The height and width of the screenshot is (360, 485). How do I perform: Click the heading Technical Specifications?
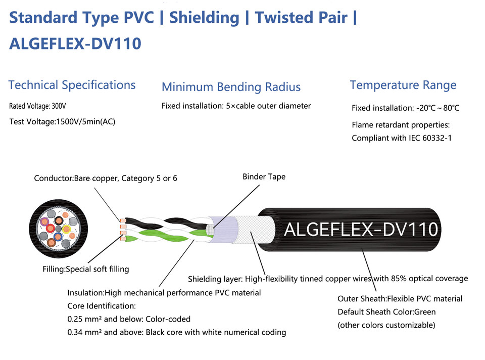click(x=72, y=85)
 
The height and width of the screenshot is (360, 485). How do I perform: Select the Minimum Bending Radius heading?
click(x=231, y=87)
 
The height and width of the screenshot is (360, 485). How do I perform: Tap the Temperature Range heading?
click(x=403, y=85)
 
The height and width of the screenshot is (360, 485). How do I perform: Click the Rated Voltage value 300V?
click(x=58, y=107)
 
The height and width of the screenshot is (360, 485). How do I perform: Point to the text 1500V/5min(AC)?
click(x=86, y=121)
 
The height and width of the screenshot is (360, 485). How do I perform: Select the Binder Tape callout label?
click(x=264, y=177)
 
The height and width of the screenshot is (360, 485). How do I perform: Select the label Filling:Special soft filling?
click(x=85, y=269)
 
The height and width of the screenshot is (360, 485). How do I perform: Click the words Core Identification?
click(x=101, y=306)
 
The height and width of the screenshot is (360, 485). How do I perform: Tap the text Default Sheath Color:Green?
click(x=386, y=312)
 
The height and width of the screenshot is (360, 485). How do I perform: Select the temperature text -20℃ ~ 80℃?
click(x=438, y=108)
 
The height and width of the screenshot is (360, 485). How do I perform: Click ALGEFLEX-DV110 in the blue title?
click(x=75, y=43)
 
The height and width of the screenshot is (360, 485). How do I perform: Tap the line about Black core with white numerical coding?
click(x=177, y=332)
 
